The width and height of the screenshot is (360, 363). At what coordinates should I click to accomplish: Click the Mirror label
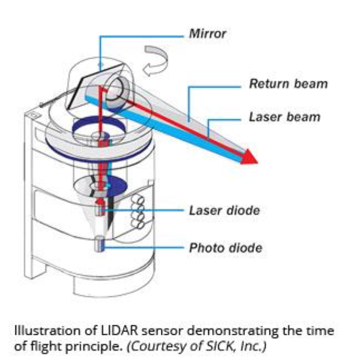208,34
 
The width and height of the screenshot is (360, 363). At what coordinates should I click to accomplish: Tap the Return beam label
289,84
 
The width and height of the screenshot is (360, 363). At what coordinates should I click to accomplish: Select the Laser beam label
285,117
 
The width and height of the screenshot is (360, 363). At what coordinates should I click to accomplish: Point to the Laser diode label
224,210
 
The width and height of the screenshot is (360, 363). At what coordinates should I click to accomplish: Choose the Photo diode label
225,247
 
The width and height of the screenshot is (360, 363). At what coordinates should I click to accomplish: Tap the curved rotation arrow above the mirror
156,60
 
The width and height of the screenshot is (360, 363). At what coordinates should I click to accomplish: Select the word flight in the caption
49,344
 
